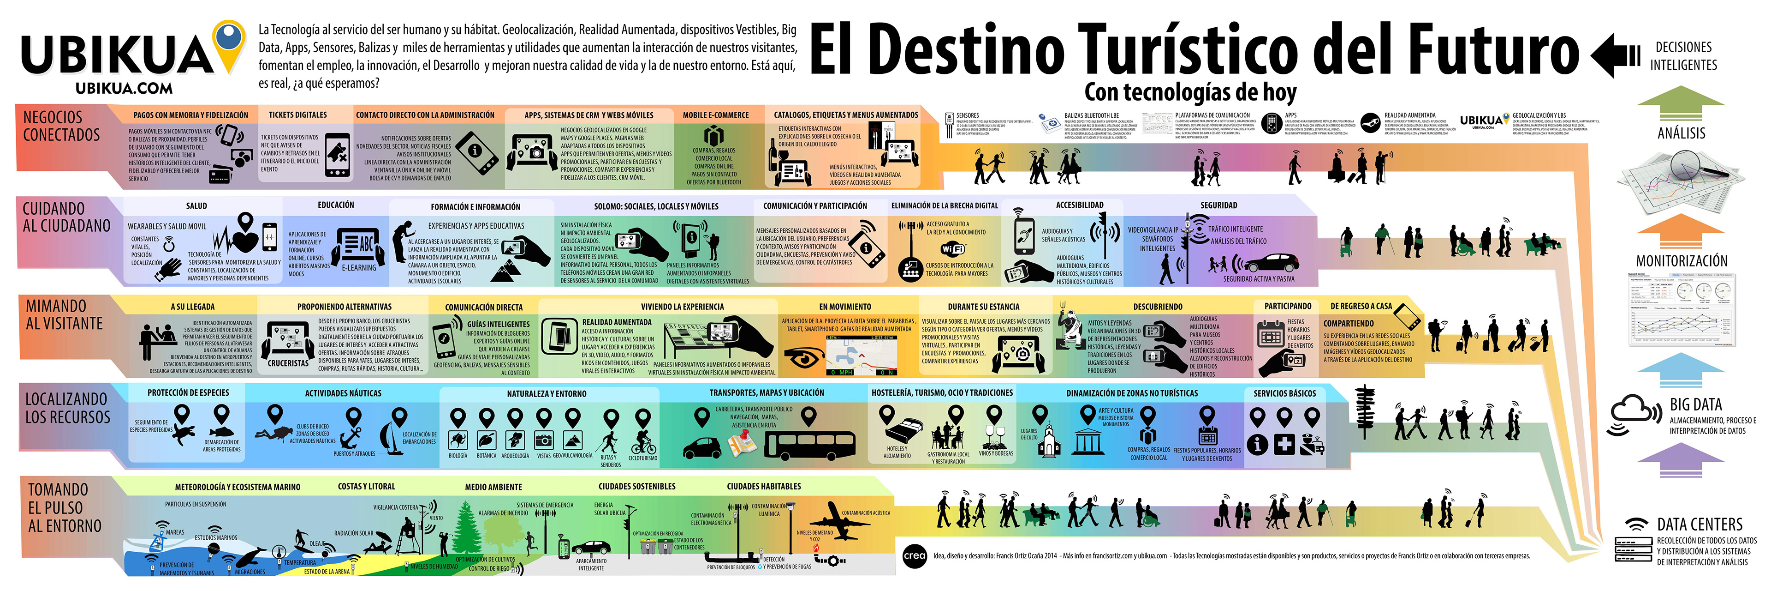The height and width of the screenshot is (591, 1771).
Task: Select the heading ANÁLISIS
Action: [1681, 133]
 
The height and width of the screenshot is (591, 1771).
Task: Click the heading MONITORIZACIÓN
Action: [1681, 261]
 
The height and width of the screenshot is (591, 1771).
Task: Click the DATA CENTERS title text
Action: [1700, 524]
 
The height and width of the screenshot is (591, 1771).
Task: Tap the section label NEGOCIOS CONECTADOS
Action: [61, 126]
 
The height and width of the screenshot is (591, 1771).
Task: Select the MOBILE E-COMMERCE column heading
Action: [716, 115]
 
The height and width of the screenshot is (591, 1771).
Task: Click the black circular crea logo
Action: [915, 556]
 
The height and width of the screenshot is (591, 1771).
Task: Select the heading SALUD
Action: [196, 206]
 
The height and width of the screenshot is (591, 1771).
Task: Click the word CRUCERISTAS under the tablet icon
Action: [288, 363]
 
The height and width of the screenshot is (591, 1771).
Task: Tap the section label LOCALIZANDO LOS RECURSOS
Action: [67, 408]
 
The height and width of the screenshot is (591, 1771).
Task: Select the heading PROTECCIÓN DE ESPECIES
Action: [188, 393]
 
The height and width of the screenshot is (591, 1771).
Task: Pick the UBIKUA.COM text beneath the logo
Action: [124, 88]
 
